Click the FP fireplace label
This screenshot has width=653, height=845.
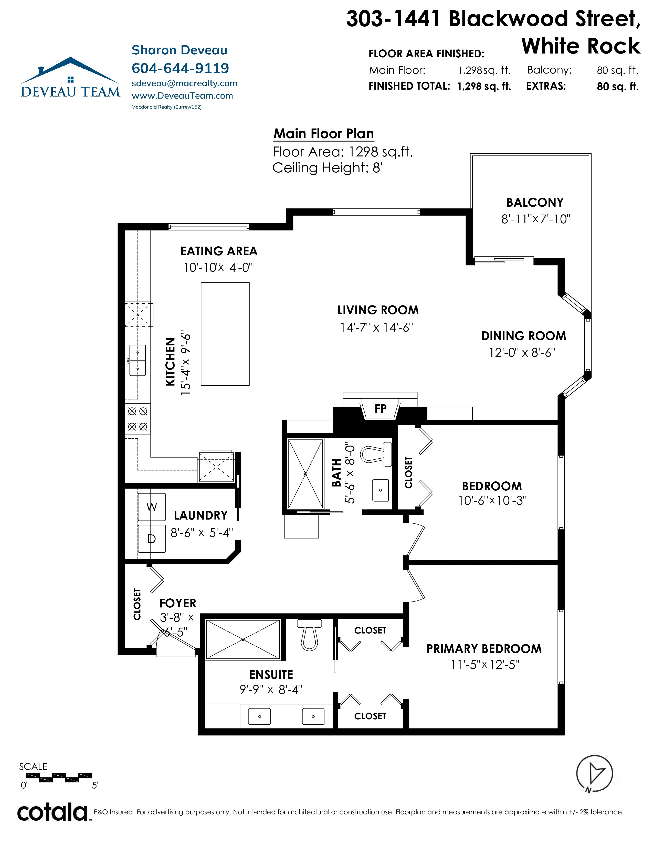tap(380, 409)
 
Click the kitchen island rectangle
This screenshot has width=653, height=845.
tap(225, 334)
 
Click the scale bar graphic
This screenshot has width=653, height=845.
tap(59, 777)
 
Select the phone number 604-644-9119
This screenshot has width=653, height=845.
tap(180, 68)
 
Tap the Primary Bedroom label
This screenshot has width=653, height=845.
tap(484, 649)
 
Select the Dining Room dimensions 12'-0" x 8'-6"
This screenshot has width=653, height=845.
tap(522, 353)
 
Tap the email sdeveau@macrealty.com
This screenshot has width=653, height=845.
tap(185, 83)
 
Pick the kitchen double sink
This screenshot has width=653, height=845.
tap(137, 361)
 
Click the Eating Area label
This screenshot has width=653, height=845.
tap(219, 251)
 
